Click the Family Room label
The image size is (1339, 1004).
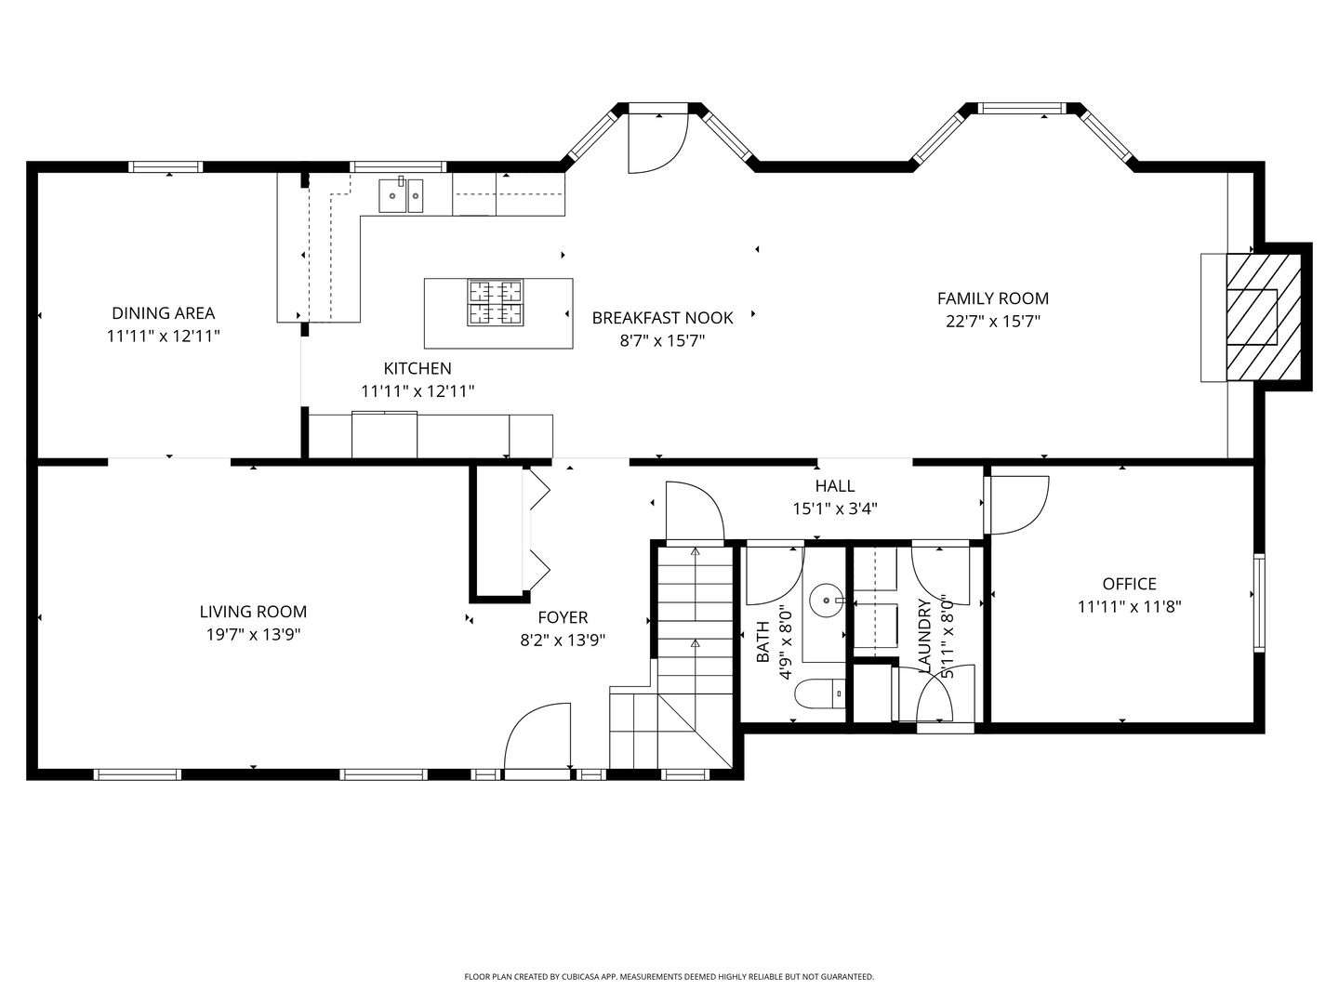[x=992, y=298]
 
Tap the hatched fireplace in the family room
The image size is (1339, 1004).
[x=1264, y=318]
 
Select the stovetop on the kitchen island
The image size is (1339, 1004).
[x=496, y=302]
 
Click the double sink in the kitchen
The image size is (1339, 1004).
[x=401, y=195]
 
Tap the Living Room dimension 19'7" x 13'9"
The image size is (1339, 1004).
[x=253, y=635]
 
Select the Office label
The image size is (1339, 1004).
[x=1129, y=584]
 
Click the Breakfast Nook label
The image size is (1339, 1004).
[x=662, y=318]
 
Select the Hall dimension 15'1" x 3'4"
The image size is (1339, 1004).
[x=834, y=509]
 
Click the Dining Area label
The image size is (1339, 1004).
[x=164, y=313]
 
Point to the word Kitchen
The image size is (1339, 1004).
[x=418, y=368]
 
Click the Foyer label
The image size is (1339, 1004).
[x=563, y=617]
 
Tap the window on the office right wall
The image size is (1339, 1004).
[x=1259, y=602]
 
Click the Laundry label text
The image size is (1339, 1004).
[x=923, y=637]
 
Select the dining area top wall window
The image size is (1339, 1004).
[x=166, y=166]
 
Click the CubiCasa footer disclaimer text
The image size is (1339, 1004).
[x=669, y=976]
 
